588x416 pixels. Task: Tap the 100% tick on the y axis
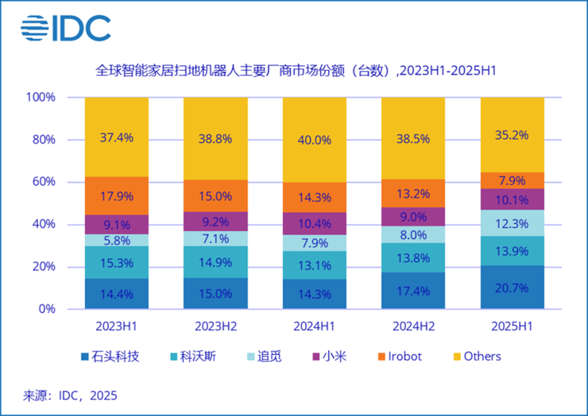[41, 98]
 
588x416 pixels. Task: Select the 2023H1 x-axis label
[116, 325]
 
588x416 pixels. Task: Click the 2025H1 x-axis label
[512, 325]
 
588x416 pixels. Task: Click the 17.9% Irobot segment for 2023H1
[116, 195]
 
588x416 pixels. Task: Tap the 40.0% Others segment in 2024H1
[314, 140]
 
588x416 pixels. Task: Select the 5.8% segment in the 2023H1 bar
[116, 240]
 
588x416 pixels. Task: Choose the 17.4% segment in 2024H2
[413, 291]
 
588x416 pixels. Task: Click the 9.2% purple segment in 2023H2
[215, 221]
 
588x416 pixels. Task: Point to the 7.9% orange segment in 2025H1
[512, 180]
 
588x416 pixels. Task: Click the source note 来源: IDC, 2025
[70, 395]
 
